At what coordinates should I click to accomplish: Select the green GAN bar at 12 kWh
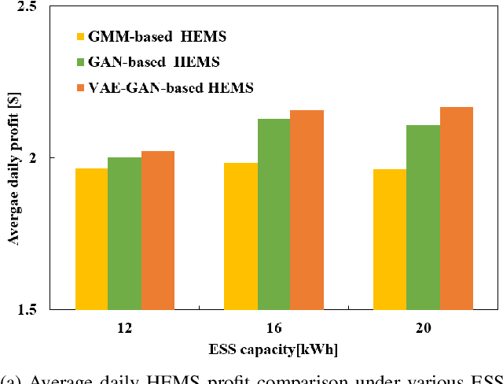click(124, 233)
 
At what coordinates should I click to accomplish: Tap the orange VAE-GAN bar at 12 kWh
click(158, 230)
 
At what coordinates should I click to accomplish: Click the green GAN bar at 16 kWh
click(274, 213)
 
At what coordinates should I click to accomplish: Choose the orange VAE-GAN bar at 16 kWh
click(307, 209)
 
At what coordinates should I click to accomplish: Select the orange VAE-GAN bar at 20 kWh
click(456, 208)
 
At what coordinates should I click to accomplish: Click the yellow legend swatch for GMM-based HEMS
click(80, 36)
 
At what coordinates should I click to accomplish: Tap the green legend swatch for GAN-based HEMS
click(80, 62)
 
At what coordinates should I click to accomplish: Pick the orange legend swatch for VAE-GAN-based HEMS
click(80, 88)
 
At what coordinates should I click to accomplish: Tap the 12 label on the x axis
click(124, 327)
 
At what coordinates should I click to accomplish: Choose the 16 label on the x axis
click(274, 327)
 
